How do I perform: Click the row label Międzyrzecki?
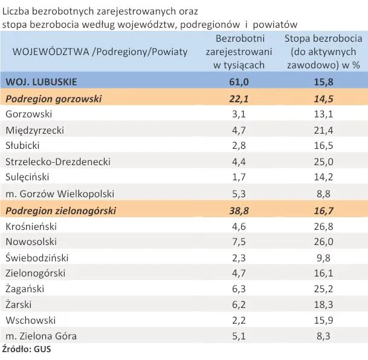point(34,129)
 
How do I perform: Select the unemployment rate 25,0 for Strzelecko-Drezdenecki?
point(326,161)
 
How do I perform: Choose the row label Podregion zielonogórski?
point(60,211)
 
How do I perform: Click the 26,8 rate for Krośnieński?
point(326,226)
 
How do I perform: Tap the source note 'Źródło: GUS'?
point(26,349)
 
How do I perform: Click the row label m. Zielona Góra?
point(41,335)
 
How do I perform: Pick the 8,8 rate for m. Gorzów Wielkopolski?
point(326,194)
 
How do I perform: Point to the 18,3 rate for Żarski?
point(326,304)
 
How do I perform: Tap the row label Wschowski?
point(30,320)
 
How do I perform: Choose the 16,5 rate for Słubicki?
point(326,145)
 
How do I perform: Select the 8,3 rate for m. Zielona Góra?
point(326,335)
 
